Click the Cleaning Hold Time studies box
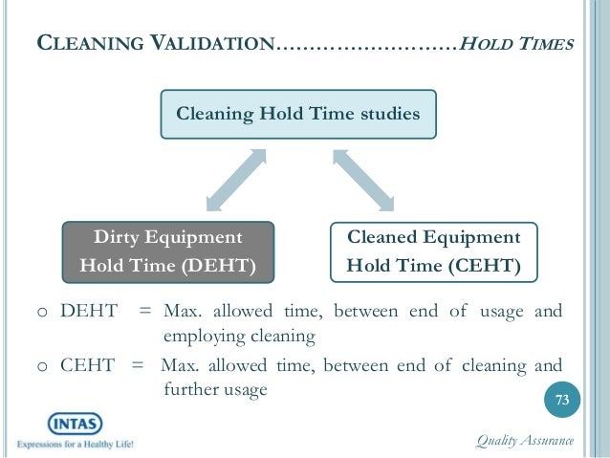[x=298, y=115]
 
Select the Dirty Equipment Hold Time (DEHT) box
[x=167, y=251]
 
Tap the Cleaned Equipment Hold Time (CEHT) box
[x=433, y=251]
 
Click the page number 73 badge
[x=562, y=400]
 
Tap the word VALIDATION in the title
[x=207, y=44]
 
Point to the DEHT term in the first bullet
[x=89, y=312]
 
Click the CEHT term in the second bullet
[x=88, y=365]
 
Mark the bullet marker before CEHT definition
[x=42, y=366]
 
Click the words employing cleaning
[x=239, y=337]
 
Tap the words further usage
[x=214, y=390]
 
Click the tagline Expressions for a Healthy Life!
[x=74, y=445]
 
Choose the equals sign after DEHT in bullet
[x=144, y=312]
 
